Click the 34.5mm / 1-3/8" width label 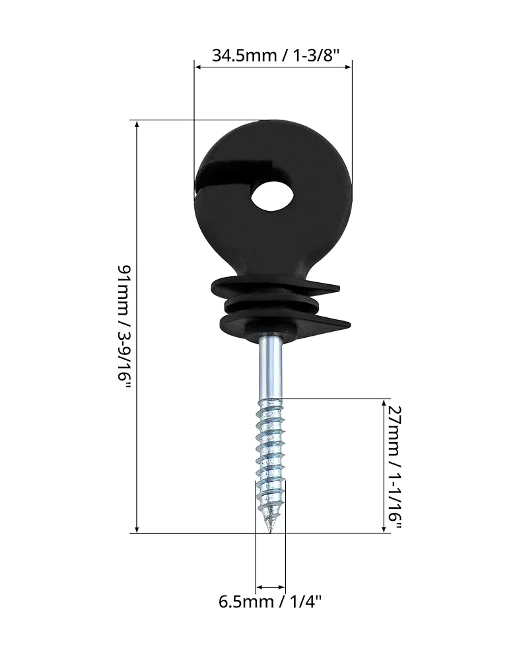(275, 56)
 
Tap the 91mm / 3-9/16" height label (125, 328)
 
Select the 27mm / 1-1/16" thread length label (395, 469)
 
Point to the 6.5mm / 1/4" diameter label (270, 601)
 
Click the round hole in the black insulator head (273, 196)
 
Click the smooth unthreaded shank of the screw (270, 366)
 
